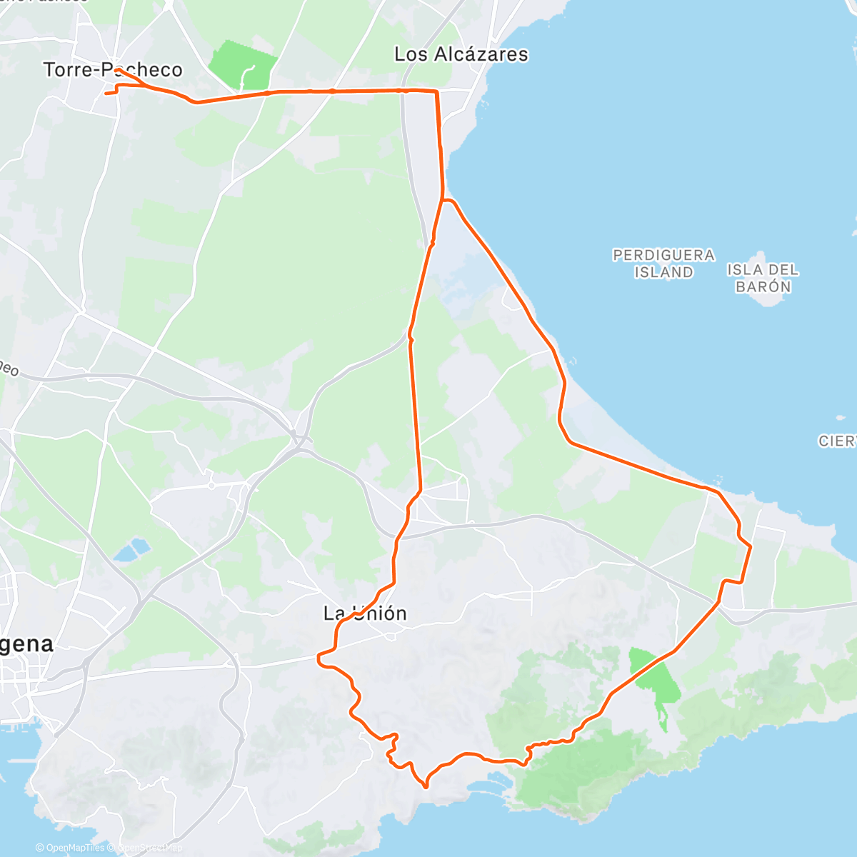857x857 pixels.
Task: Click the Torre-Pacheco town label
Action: click(x=113, y=70)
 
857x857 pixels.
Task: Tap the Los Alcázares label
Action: click(x=461, y=54)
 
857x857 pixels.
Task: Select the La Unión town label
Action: click(x=365, y=613)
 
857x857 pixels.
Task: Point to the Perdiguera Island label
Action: click(x=663, y=264)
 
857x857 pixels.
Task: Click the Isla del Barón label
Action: click(x=763, y=278)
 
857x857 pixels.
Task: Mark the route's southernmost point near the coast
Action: click(x=426, y=787)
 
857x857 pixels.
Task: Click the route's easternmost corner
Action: click(x=751, y=546)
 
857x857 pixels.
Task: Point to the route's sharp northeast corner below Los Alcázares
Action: click(x=436, y=91)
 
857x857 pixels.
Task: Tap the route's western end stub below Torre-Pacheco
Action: click(x=107, y=94)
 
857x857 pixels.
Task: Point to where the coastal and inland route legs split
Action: click(x=443, y=201)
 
